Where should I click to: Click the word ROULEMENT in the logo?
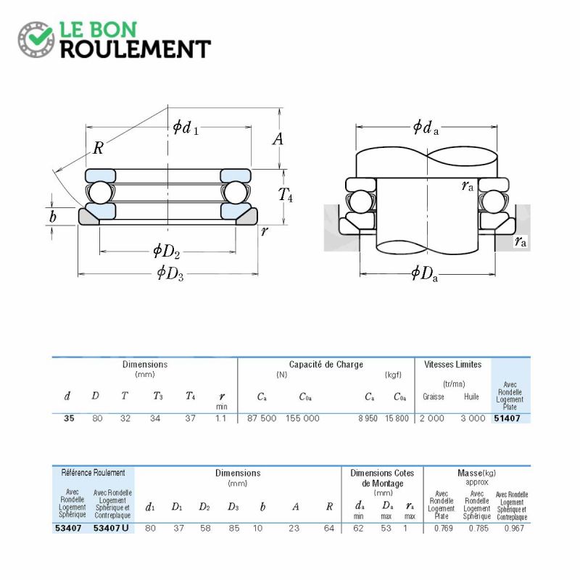(x=136, y=49)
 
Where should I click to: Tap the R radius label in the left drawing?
(x=98, y=148)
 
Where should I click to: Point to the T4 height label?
(x=285, y=194)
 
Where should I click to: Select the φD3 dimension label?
(x=170, y=273)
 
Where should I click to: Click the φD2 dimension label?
(x=167, y=251)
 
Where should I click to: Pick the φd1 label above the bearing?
(x=186, y=128)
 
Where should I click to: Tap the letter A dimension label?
(x=278, y=139)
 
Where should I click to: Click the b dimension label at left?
(x=52, y=216)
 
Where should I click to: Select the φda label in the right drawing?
(x=426, y=128)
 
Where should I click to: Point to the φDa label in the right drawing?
(x=425, y=274)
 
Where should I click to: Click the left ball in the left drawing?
(x=100, y=192)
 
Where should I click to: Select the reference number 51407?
(x=507, y=418)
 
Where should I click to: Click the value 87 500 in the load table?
(x=262, y=418)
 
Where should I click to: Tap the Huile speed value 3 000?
(x=473, y=418)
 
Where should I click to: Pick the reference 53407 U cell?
(x=111, y=528)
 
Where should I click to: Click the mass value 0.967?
(x=514, y=529)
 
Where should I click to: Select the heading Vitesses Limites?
(x=452, y=365)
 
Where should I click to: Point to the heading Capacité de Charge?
(x=326, y=365)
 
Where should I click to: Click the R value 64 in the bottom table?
(x=329, y=529)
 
